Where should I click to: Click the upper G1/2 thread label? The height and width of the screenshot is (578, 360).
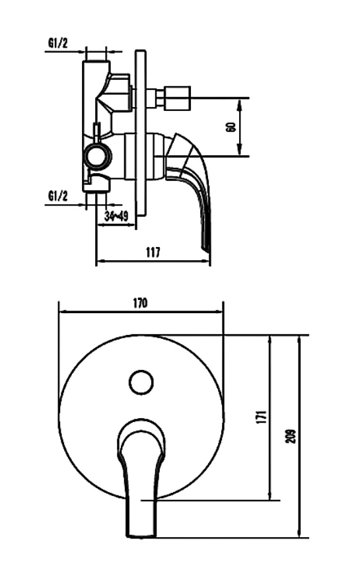[x=58, y=44]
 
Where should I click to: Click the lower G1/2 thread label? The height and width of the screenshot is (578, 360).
[x=58, y=196]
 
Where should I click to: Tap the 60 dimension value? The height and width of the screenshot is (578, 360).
[x=231, y=127]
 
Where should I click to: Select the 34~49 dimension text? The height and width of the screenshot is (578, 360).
[x=116, y=217]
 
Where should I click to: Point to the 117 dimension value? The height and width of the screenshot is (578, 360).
[x=153, y=252]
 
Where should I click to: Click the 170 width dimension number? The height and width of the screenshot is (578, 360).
[x=140, y=303]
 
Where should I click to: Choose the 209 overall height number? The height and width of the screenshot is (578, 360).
[x=291, y=437]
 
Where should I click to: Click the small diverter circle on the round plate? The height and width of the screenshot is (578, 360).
[x=141, y=382]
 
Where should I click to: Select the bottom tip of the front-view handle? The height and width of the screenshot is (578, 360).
[x=142, y=536]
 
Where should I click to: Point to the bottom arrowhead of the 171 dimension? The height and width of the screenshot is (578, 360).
[x=271, y=495]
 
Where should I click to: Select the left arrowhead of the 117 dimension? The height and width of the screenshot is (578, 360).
[x=100, y=262]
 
